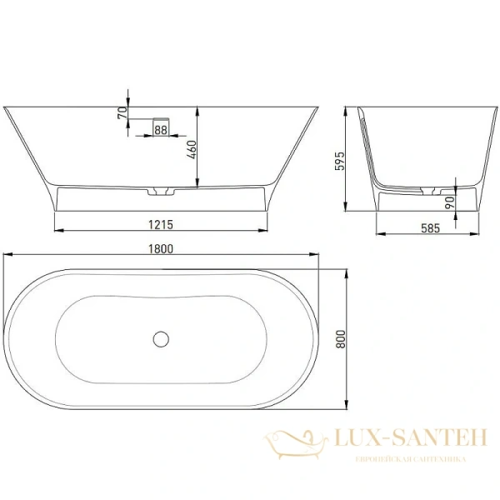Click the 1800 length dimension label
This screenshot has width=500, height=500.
coord(162,248)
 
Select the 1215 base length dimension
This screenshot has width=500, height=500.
coord(162,223)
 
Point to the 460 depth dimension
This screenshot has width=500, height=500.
coord(190,150)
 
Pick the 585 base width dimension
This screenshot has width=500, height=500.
coord(429,227)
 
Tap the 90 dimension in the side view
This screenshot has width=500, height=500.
coord(450,202)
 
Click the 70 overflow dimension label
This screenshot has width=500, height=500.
coord(122,112)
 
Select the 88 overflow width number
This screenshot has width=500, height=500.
coord(161,129)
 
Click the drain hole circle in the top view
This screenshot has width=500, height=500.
coord(162,339)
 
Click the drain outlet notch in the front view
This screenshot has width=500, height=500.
coord(160,192)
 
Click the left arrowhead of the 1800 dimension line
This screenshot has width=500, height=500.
coord(6,256)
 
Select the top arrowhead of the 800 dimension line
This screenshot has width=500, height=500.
coord(347,271)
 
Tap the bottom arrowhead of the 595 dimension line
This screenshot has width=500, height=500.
coord(347,208)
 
